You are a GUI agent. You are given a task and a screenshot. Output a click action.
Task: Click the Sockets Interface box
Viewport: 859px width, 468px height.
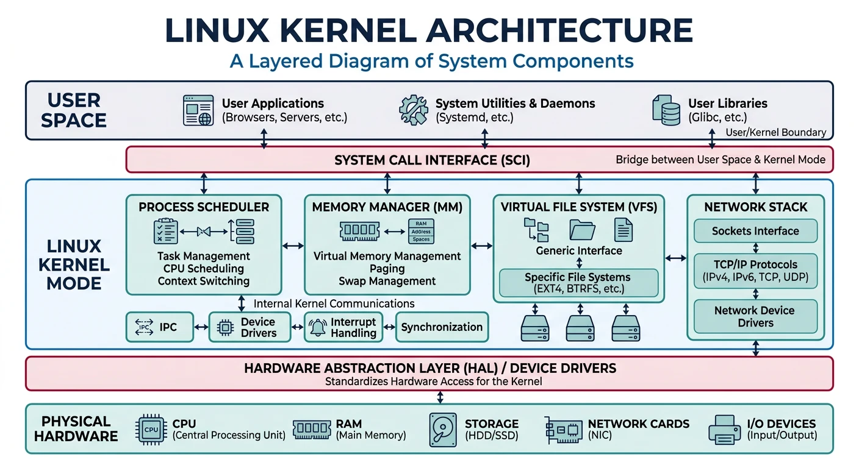[755, 231]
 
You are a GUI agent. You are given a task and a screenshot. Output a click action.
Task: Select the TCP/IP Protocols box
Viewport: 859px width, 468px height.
[755, 271]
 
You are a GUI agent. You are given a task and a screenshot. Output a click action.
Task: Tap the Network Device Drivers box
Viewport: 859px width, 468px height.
[755, 316]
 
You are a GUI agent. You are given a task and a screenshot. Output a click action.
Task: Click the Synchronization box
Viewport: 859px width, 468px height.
[442, 327]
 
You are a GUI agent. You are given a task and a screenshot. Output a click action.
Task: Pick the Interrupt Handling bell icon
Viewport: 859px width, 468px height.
[318, 327]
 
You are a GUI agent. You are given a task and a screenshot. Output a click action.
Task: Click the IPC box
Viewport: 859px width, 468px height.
[159, 327]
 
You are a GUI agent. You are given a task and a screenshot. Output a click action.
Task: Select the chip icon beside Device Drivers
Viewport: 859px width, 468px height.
[225, 327]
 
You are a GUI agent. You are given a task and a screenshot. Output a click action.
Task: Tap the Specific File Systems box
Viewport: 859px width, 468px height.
[578, 283]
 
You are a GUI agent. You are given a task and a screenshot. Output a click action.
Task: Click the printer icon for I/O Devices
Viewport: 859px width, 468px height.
[725, 430]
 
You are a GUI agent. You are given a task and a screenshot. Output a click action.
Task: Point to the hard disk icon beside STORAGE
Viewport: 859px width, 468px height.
[442, 430]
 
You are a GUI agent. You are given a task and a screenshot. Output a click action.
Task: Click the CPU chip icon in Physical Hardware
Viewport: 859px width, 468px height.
[151, 430]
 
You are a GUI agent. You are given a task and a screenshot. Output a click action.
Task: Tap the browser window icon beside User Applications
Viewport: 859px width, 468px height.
[199, 110]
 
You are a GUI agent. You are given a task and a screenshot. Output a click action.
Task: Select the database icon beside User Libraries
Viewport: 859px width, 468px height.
[666, 110]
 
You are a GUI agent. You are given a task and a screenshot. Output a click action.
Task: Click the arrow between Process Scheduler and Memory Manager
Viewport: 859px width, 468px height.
[293, 246]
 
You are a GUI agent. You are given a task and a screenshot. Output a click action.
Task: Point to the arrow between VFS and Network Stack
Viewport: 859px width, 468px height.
[675, 258]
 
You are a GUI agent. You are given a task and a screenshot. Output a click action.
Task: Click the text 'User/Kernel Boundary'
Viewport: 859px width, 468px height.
[775, 132]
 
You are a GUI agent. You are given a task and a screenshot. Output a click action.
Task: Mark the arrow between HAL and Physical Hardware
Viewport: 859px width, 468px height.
[440, 397]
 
